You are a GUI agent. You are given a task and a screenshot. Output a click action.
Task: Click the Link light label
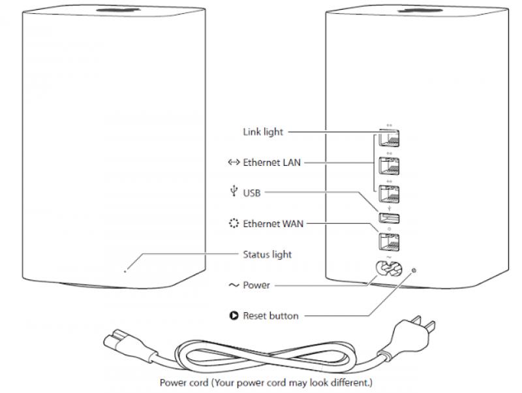coord(263,132)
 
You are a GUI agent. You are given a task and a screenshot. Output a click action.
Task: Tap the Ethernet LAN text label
coord(272,163)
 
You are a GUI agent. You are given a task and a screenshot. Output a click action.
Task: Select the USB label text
coord(252,193)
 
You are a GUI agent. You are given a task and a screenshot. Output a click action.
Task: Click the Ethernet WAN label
coord(273,223)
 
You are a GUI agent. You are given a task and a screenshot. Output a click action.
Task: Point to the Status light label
coord(267,254)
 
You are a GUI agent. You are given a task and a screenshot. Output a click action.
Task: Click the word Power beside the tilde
coord(256,285)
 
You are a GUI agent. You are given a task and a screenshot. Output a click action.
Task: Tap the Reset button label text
coord(271,316)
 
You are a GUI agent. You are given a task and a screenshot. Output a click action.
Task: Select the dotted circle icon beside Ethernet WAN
coord(234,223)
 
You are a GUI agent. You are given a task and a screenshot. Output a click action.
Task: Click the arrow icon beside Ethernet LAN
coord(234,163)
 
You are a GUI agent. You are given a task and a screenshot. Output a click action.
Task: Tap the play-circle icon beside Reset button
coord(234,316)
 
